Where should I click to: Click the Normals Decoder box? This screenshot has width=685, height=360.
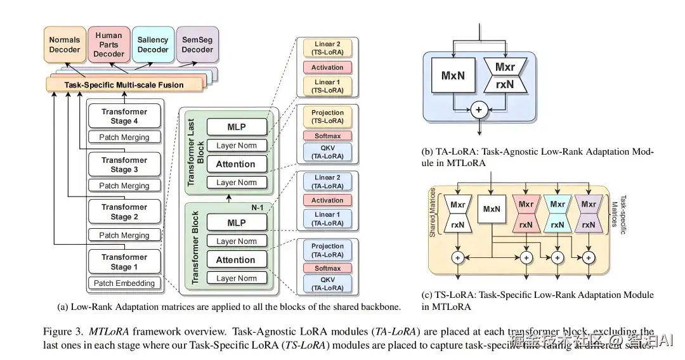pyautogui.click(x=65, y=44)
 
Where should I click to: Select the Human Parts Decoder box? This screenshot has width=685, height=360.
pyautogui.click(x=108, y=45)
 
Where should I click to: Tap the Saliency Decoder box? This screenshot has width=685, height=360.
pyautogui.click(x=153, y=44)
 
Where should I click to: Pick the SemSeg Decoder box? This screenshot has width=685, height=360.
pyautogui.click(x=197, y=44)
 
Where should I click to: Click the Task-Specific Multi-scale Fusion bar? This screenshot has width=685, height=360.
pyautogui.click(x=124, y=84)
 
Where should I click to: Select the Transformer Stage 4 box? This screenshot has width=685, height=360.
pyautogui.click(x=124, y=116)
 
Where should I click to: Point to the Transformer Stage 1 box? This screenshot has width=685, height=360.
pyautogui.click(x=124, y=262)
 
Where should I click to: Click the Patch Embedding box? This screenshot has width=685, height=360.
pyautogui.click(x=124, y=283)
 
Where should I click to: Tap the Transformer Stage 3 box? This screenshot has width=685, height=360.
pyautogui.click(x=124, y=165)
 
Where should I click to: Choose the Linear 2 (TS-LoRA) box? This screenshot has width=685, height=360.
pyautogui.click(x=327, y=49)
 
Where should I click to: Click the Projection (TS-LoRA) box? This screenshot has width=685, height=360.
pyautogui.click(x=327, y=117)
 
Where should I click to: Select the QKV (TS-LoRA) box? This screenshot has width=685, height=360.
pyautogui.click(x=327, y=152)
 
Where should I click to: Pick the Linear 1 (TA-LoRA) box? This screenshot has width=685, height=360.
pyautogui.click(x=327, y=219)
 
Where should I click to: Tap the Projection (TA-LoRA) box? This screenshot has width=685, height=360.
pyautogui.click(x=327, y=250)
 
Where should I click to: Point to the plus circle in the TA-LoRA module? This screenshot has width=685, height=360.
pyautogui.click(x=479, y=110)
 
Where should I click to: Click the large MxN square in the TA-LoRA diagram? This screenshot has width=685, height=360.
pyautogui.click(x=453, y=75)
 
